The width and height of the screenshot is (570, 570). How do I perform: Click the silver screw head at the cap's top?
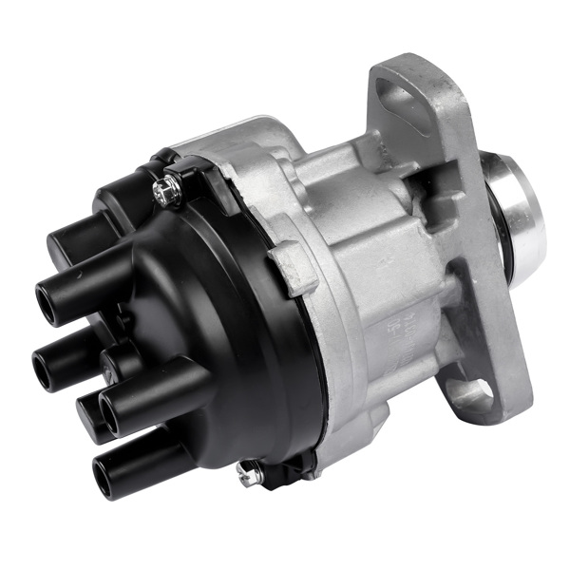[169, 192]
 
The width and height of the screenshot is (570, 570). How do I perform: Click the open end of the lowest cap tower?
[102, 479]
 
